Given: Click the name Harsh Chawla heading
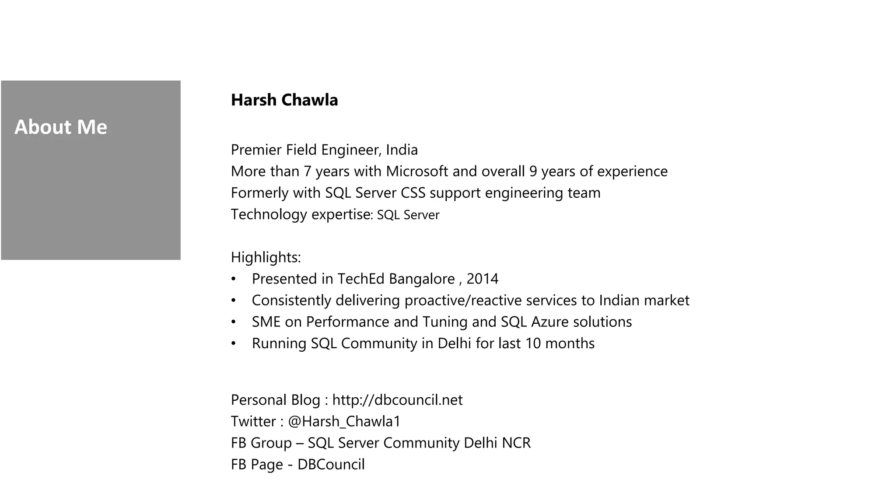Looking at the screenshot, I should tap(284, 100).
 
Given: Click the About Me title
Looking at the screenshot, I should tap(61, 127).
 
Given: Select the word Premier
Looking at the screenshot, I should tap(256, 150).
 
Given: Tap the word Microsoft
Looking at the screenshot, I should tap(417, 171).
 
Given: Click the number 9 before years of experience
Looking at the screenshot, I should tap(532, 171).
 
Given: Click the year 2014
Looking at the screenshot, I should tap(482, 279).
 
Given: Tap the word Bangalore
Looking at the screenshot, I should tap(422, 279).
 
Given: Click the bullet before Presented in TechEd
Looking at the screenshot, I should tap(234, 279).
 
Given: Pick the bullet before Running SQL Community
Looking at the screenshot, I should tap(234, 343).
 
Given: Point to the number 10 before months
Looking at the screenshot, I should tap(533, 343).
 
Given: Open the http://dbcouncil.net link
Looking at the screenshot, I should tap(397, 400).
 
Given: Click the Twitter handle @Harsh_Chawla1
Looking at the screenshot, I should tap(344, 421).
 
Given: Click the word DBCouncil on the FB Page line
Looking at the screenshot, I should tap(331, 464).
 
